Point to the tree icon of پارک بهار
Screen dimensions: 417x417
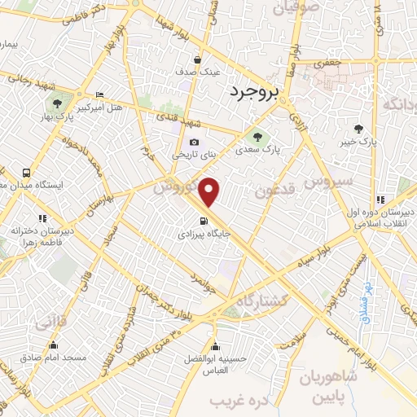[58, 103]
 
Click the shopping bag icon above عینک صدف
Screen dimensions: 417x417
[198, 59]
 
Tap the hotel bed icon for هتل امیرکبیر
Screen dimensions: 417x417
[99, 94]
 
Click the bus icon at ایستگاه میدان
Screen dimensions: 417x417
[27, 173]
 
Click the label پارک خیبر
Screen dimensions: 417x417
[359, 142]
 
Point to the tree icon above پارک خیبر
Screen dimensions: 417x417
[359, 128]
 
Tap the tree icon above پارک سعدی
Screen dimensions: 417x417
[257, 136]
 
